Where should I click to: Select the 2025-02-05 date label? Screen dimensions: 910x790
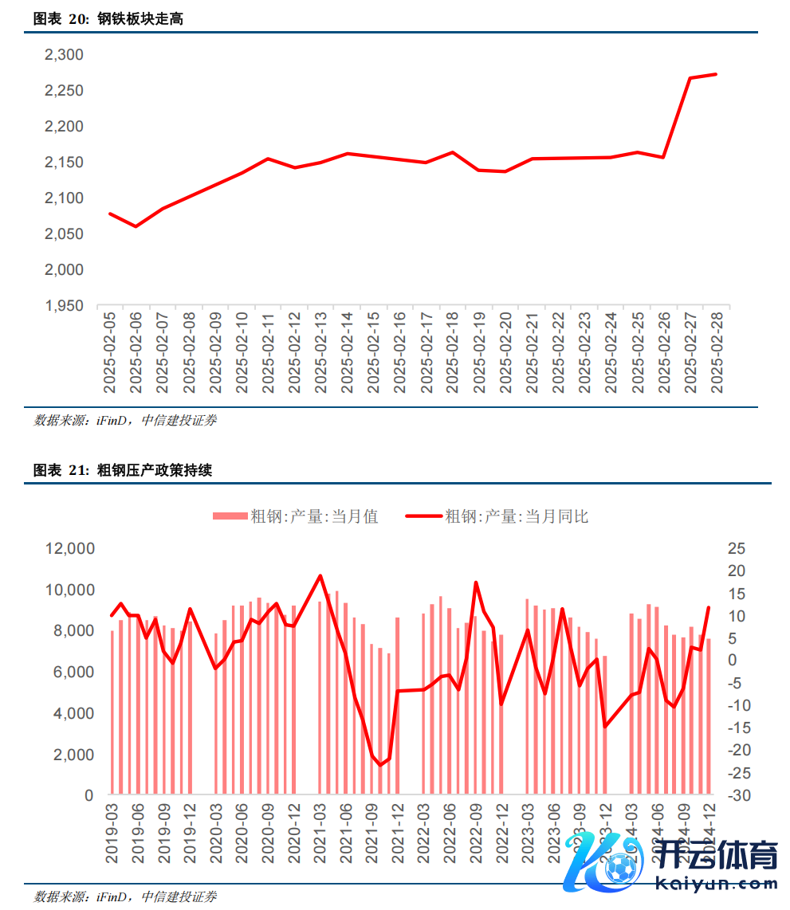[x=110, y=352]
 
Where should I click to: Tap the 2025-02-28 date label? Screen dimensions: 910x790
[x=715, y=352]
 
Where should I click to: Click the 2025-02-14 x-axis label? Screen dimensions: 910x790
[x=347, y=352]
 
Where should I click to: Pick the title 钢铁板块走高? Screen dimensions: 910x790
[x=140, y=19]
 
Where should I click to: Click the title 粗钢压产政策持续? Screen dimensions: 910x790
[x=155, y=471]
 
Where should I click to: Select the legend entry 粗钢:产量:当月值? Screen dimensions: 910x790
[x=296, y=516]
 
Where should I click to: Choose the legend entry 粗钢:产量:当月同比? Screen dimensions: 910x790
[x=497, y=516]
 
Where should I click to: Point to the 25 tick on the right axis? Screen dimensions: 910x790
[x=736, y=549]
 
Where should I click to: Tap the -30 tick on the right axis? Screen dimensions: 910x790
[x=736, y=795]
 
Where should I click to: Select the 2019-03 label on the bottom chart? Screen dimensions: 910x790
[x=112, y=835]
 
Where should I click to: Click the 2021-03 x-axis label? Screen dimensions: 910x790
[x=320, y=835]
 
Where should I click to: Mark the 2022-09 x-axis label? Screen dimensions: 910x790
[x=476, y=835]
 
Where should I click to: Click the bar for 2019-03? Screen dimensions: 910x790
[x=112, y=713]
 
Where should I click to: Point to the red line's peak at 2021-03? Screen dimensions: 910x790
[x=320, y=575]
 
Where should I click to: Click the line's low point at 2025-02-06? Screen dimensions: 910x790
[x=136, y=226]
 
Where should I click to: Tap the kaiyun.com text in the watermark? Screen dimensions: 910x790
[x=715, y=883]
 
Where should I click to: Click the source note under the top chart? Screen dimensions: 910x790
[x=125, y=420]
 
